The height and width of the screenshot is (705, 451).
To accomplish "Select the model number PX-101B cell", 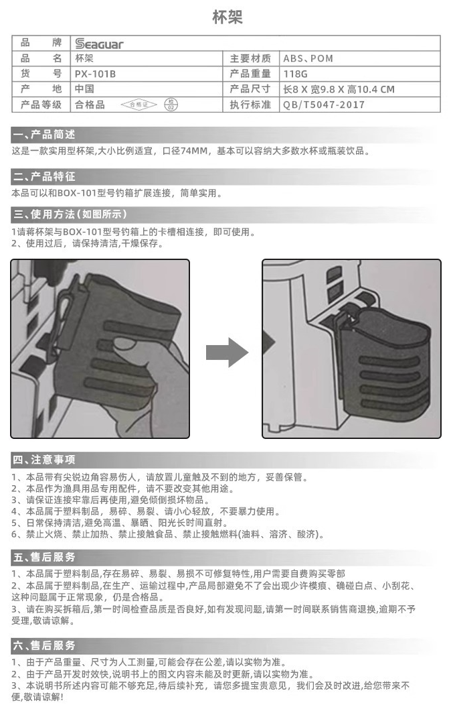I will point(95,74).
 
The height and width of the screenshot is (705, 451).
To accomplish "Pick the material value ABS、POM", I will point(308,58).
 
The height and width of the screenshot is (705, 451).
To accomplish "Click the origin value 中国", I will point(84,89).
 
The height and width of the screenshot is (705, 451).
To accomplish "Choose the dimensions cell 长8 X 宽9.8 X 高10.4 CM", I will point(339,89).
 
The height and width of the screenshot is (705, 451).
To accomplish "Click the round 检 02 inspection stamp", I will point(172,105).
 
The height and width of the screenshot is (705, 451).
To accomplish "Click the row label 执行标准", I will point(250,105).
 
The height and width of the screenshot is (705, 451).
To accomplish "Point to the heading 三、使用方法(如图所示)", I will point(70,214).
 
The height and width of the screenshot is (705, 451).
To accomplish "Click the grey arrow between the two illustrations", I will point(226,352).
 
